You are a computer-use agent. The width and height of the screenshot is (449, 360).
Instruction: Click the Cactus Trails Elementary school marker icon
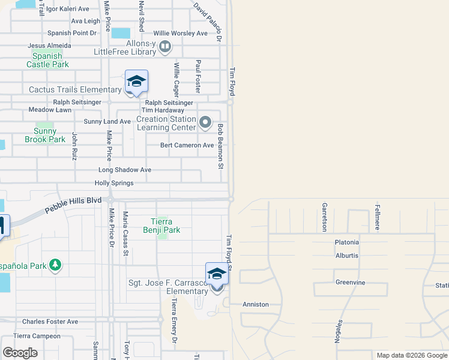(136, 81)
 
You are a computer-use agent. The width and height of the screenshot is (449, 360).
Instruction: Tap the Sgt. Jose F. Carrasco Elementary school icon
(217, 274)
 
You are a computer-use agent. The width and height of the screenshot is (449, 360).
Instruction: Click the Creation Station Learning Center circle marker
(205, 122)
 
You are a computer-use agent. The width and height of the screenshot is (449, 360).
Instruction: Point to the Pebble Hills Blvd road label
(74, 206)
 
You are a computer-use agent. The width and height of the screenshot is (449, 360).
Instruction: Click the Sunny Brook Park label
(45, 135)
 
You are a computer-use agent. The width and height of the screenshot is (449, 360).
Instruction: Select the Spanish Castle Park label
(47, 60)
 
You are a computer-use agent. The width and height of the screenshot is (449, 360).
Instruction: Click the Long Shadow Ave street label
(125, 170)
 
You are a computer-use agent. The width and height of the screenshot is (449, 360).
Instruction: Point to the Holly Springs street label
(114, 183)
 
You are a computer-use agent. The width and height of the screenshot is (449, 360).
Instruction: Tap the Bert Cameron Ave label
(187, 145)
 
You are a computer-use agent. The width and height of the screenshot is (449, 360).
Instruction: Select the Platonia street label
(347, 242)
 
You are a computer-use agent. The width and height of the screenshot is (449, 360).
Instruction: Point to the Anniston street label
(255, 304)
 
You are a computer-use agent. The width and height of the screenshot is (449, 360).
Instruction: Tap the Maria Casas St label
(125, 233)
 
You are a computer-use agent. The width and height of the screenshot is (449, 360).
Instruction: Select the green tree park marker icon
(55, 264)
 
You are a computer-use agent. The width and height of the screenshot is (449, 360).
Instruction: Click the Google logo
(20, 353)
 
